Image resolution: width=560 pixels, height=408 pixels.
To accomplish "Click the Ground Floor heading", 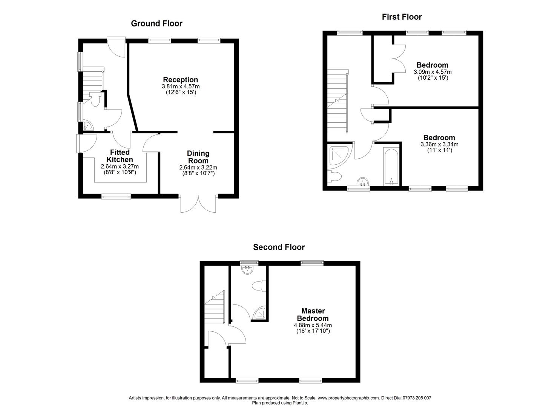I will (x=156, y=23).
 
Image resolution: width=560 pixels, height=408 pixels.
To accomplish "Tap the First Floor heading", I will (x=402, y=17).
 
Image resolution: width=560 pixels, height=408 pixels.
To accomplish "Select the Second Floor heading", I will (x=279, y=247).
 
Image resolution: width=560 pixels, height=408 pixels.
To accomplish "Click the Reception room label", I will (x=180, y=80).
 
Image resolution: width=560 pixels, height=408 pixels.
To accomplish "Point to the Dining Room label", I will (x=198, y=157).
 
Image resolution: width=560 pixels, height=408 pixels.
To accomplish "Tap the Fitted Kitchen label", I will (x=120, y=156).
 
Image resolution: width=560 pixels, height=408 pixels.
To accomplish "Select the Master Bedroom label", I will (x=313, y=315).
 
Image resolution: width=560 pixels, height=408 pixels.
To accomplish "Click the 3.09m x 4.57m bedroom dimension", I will (x=433, y=72).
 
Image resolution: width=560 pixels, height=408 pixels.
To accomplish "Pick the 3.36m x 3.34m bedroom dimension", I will (x=439, y=144).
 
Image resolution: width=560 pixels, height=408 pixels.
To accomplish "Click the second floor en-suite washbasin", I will (x=248, y=270).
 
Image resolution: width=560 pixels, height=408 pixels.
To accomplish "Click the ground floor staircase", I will (x=93, y=80).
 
